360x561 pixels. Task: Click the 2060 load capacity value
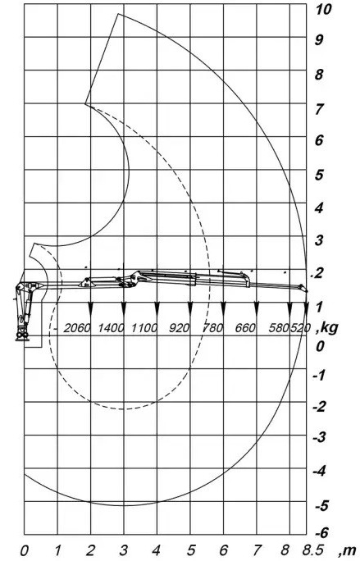76,328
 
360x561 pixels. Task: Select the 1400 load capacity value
111,328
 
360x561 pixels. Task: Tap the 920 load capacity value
178,328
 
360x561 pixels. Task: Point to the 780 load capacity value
213,328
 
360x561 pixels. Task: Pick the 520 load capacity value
300,328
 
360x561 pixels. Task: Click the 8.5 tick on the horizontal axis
314,550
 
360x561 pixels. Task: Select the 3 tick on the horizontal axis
124,550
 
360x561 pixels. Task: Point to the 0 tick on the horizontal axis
24,550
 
